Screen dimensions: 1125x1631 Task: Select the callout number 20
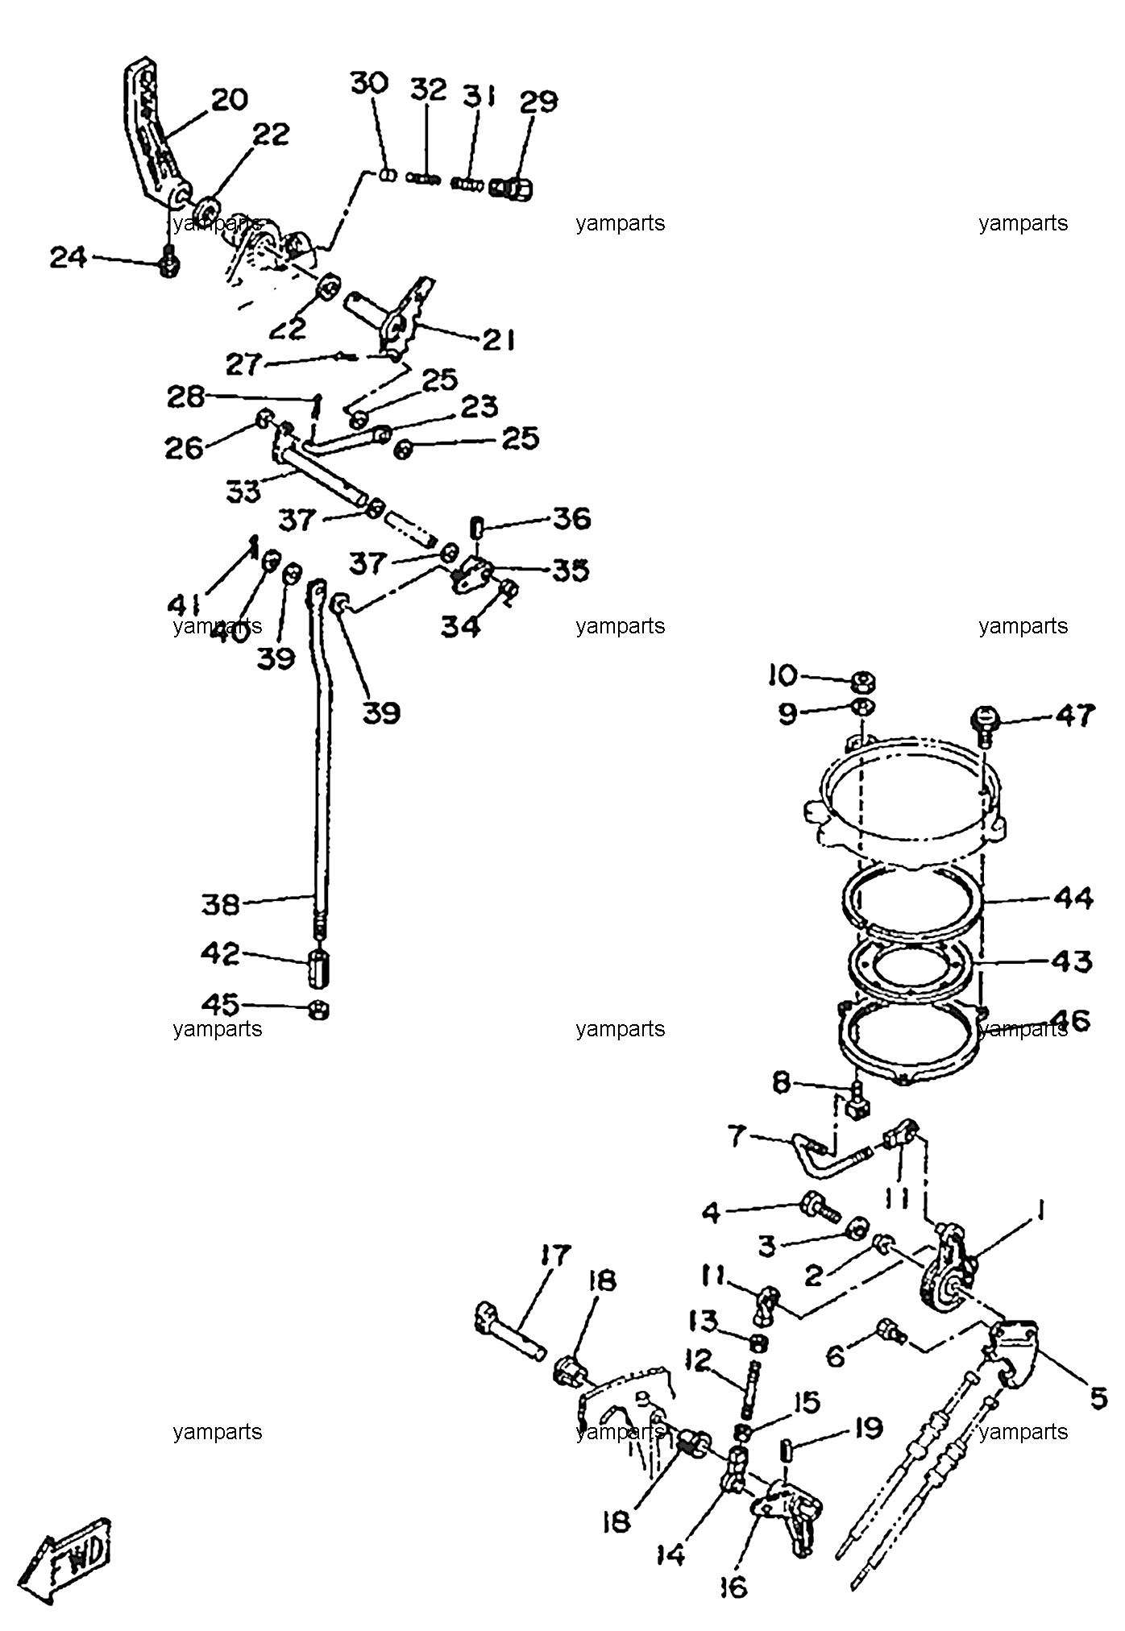click(x=229, y=100)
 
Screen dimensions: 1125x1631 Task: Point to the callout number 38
click(x=220, y=904)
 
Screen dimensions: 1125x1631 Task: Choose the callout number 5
click(x=1098, y=1398)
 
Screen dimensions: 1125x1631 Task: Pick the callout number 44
click(x=1073, y=898)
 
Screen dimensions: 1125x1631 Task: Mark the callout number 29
click(x=538, y=102)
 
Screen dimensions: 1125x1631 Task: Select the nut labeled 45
click(x=319, y=1009)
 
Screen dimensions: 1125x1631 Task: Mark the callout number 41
click(x=185, y=604)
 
